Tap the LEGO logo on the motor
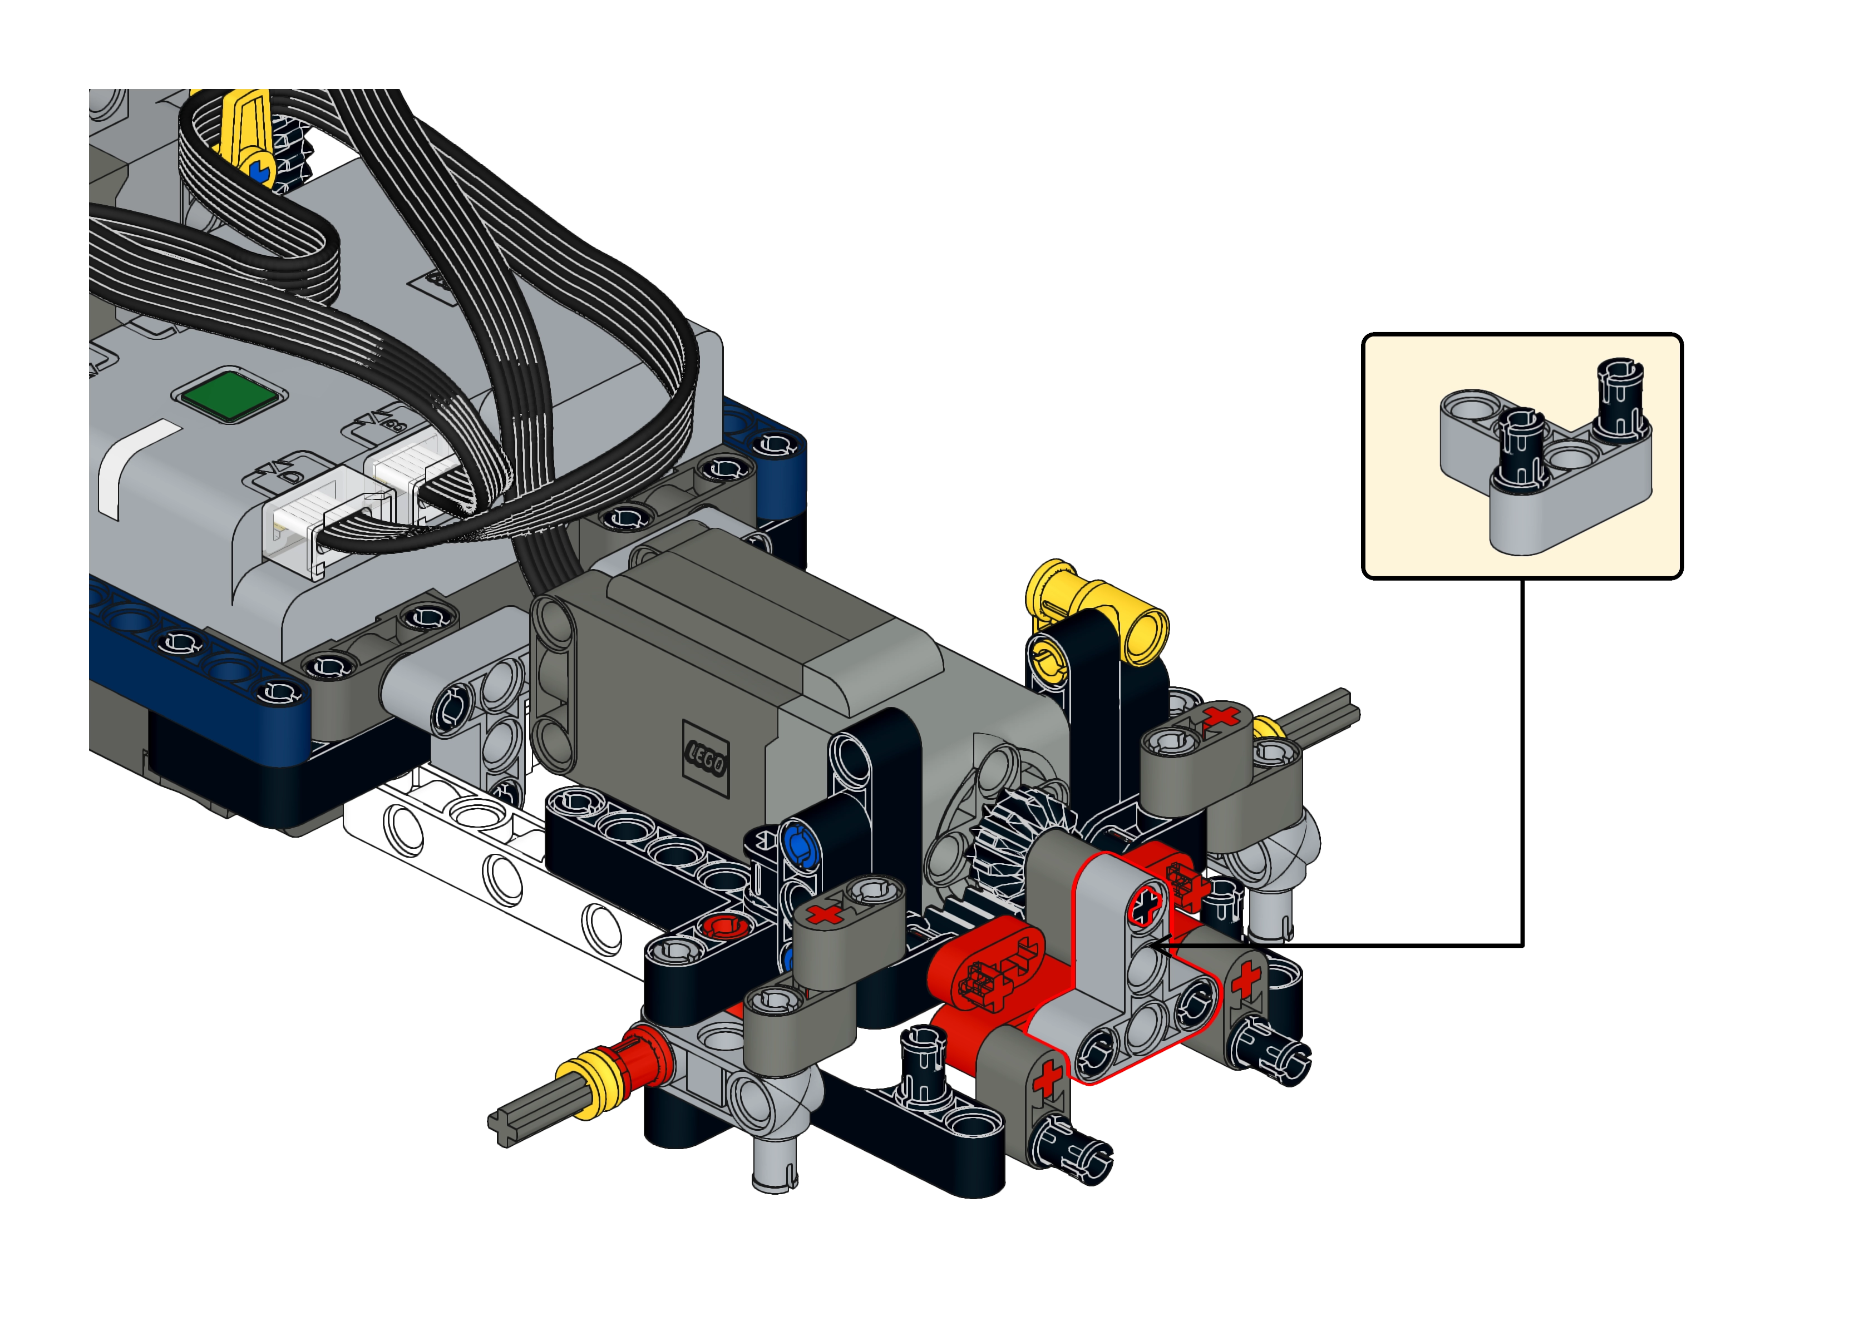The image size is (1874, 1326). [x=706, y=759]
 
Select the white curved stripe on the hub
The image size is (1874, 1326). [x=134, y=466]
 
